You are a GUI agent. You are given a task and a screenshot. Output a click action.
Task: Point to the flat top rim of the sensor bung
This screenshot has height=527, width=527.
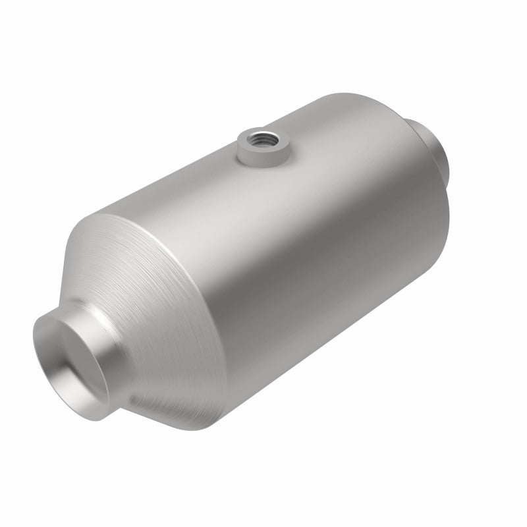[x=246, y=136]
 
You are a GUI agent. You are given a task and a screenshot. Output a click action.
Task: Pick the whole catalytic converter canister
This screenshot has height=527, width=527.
[x=263, y=263]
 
